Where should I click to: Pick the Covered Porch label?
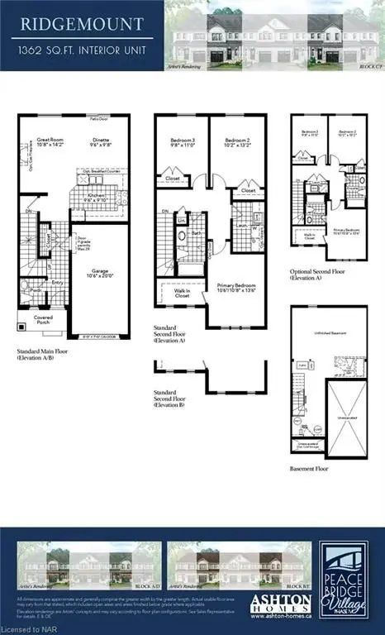[x=44, y=319]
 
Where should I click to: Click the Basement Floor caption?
[x=310, y=468]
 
